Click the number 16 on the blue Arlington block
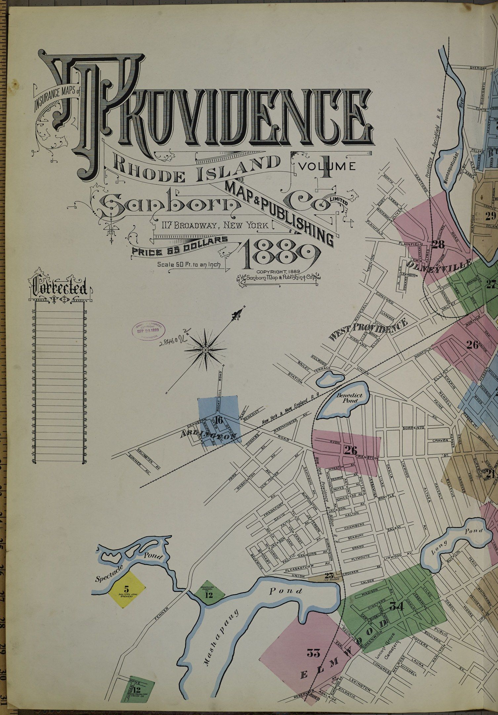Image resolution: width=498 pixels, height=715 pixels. click(x=218, y=421)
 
